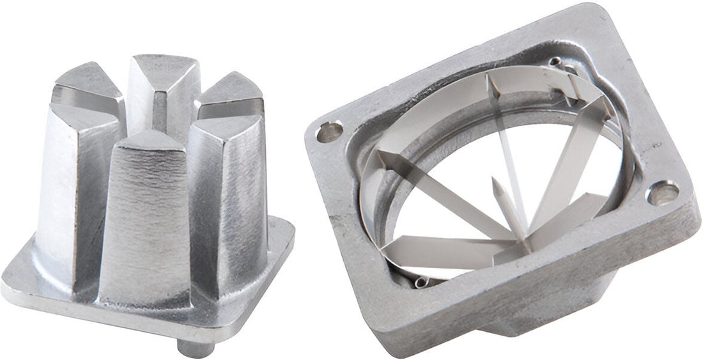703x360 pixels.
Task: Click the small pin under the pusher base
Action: [195, 348]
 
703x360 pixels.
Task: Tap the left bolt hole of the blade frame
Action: [330, 132]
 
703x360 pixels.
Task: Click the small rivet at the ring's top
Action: [555, 62]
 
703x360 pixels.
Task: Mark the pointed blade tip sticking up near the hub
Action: [495, 185]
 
